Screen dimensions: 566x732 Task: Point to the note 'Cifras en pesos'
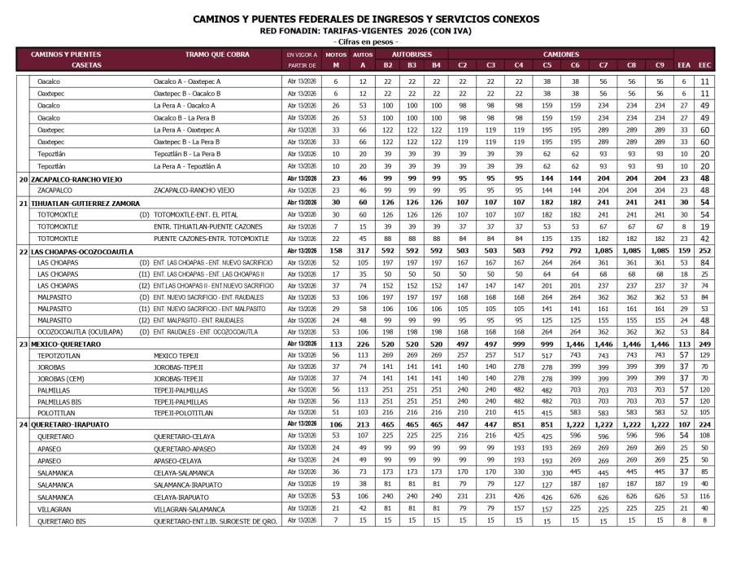365,42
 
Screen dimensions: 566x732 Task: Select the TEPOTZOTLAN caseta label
58,356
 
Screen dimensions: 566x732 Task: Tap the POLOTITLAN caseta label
55,413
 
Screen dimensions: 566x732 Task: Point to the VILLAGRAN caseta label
54,507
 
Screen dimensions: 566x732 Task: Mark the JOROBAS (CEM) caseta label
59,379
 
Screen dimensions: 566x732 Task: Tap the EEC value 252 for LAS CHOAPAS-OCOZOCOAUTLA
705,252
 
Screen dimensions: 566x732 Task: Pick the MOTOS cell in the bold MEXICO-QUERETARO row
335,344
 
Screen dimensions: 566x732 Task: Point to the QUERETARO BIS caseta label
60,520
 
